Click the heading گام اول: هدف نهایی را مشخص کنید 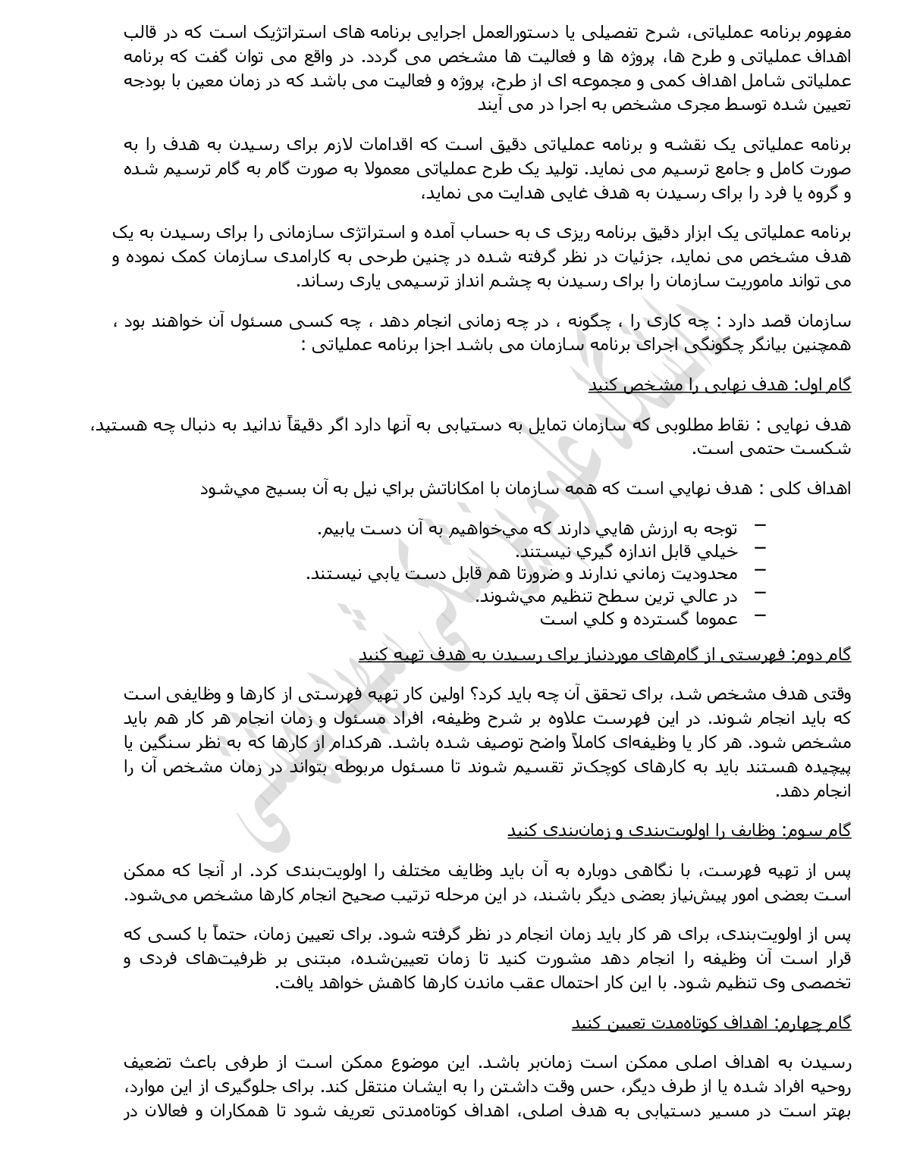(x=720, y=385)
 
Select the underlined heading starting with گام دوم (x=604, y=654)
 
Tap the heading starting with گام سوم (x=679, y=830)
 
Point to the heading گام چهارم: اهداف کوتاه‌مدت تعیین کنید (x=711, y=1022)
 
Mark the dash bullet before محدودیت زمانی (x=761, y=571)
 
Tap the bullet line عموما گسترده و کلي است (x=639, y=618)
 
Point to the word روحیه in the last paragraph (x=830, y=1088)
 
